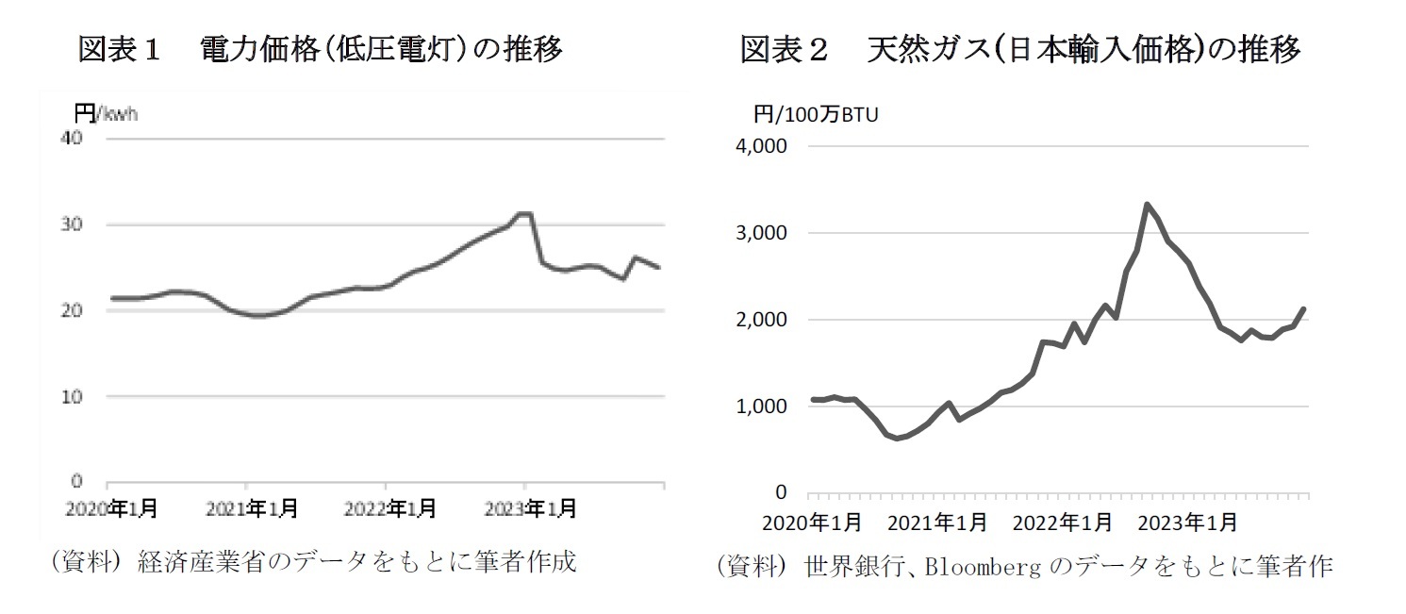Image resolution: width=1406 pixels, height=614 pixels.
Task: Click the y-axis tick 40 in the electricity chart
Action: [x=73, y=139]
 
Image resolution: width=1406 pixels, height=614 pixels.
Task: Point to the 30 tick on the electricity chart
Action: [x=73, y=224]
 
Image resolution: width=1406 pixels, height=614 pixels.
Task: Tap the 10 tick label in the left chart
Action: [x=73, y=397]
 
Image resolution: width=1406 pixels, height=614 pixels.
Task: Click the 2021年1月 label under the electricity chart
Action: [x=252, y=509]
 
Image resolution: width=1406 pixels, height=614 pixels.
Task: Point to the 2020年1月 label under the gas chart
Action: [x=811, y=522]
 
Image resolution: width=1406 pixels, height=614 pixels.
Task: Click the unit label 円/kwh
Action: [x=106, y=114]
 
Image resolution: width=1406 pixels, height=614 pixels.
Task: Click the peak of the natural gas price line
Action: [x=1147, y=204]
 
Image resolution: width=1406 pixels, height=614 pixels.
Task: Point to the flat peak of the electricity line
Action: [x=524, y=214]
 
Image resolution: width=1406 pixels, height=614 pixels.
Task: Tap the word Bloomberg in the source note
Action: [x=984, y=568]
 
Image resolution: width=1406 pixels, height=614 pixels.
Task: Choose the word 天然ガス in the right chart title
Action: [x=928, y=49]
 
